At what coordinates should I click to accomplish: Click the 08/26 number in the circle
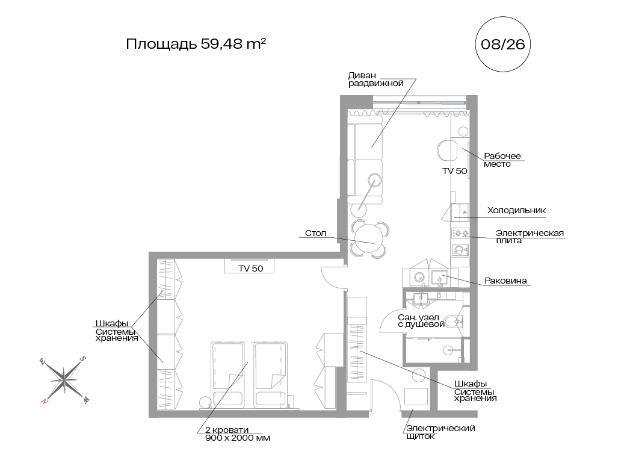click(x=502, y=44)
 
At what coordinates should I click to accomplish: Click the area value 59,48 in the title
click(x=221, y=43)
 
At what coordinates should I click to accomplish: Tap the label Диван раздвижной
click(x=376, y=79)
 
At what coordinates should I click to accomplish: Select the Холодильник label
click(x=516, y=210)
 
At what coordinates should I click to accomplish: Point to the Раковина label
click(x=505, y=281)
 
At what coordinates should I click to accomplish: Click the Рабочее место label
click(x=502, y=160)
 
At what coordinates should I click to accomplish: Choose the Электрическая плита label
click(x=530, y=237)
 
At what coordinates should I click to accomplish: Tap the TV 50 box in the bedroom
click(x=249, y=267)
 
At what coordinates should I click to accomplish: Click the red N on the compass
click(x=44, y=400)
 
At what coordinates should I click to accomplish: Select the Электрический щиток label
click(x=440, y=432)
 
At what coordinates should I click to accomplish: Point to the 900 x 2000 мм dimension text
click(x=238, y=438)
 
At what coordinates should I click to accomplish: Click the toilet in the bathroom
click(x=454, y=322)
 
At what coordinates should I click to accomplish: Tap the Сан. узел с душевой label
click(x=421, y=321)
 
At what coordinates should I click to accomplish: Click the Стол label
click(x=315, y=233)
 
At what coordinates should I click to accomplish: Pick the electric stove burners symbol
click(x=460, y=233)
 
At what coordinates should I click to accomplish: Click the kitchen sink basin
click(x=439, y=278)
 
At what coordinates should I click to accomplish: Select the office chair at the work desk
click(x=446, y=151)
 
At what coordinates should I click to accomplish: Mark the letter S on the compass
click(x=82, y=359)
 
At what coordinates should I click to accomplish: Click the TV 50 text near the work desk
click(x=455, y=171)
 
